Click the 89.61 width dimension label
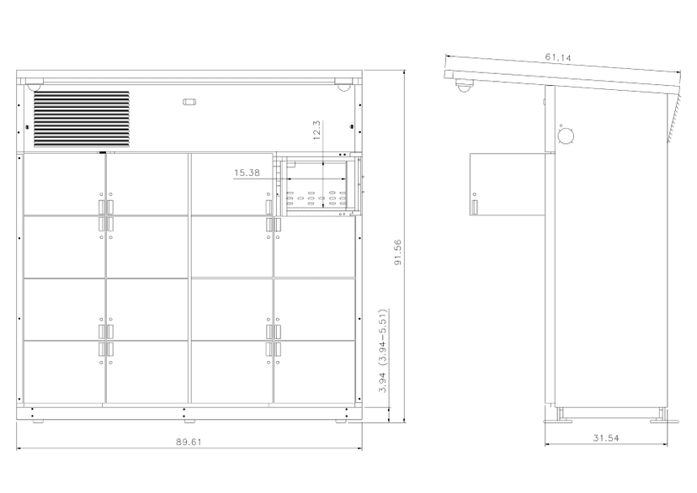[x=189, y=442]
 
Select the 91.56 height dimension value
[x=398, y=252]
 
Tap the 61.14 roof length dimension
[x=558, y=57]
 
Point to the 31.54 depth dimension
[x=606, y=438]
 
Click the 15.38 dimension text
[x=247, y=172]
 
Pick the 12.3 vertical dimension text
[x=317, y=130]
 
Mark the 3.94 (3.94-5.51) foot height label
[x=383, y=351]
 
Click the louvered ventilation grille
[x=82, y=119]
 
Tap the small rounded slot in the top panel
[x=189, y=102]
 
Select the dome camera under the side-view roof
[x=464, y=85]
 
